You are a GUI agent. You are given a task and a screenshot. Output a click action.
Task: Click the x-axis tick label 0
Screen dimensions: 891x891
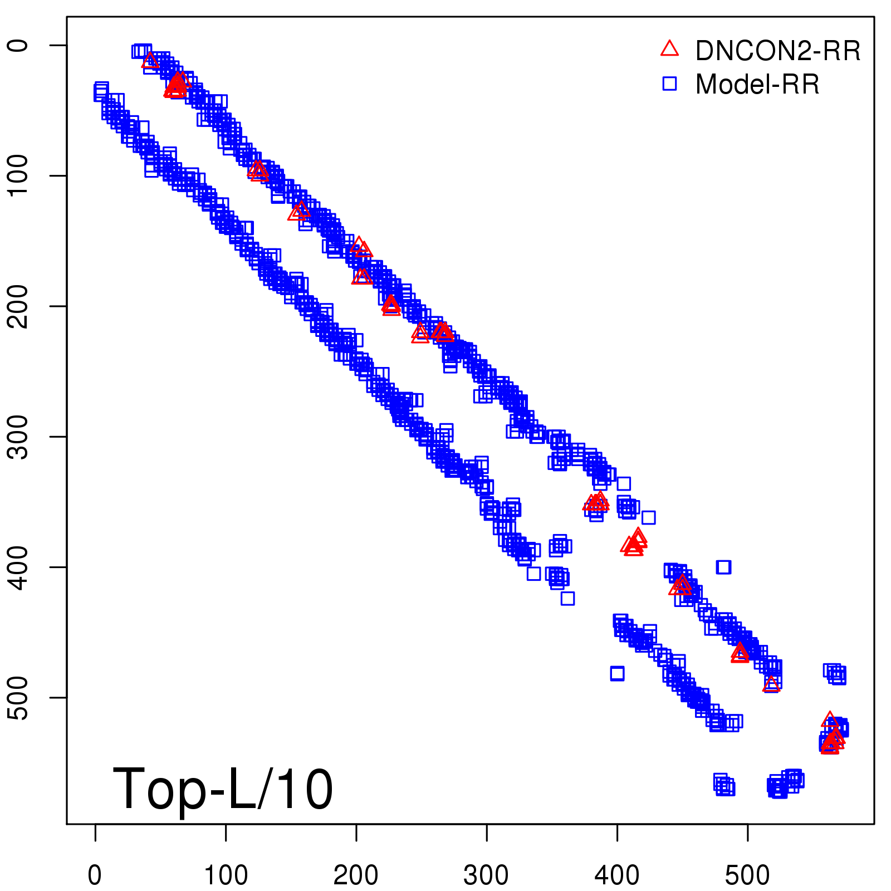tap(95, 875)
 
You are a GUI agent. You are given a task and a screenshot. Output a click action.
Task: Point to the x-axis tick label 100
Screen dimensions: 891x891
tap(226, 875)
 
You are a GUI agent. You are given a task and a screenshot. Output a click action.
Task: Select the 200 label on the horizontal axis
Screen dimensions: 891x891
tap(356, 875)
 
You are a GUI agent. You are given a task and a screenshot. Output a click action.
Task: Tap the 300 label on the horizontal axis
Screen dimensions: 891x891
tap(486, 875)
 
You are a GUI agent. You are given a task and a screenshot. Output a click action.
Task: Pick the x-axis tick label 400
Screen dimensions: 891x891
tap(617, 875)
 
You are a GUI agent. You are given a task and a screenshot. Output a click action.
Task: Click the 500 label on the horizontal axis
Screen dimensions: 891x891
tap(747, 875)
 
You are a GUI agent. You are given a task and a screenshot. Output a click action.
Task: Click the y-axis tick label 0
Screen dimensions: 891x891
tap(19, 45)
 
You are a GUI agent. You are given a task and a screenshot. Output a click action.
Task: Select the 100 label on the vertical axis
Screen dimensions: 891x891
tap(19, 175)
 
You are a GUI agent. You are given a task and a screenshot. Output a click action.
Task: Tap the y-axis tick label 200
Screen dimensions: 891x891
tap(19, 306)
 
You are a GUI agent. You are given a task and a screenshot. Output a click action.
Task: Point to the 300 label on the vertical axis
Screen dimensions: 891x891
tap(19, 436)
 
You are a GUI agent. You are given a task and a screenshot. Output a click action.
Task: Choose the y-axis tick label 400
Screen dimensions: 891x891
tap(19, 567)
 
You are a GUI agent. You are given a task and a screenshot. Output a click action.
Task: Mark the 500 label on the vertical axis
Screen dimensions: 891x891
tap(19, 697)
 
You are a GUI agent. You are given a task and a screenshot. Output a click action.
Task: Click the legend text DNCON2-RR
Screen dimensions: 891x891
tap(778, 51)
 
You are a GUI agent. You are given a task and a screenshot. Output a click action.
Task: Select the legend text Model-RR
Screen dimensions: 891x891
tap(757, 85)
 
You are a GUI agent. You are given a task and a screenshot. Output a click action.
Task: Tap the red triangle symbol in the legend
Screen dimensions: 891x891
tap(669, 49)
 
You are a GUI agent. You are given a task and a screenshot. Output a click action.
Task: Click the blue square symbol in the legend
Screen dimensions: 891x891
tap(669, 84)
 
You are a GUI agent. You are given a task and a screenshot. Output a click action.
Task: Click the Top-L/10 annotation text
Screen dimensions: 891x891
tap(223, 789)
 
